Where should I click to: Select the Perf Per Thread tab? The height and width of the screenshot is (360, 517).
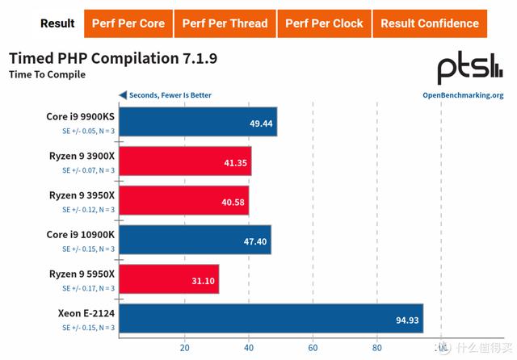[x=224, y=23]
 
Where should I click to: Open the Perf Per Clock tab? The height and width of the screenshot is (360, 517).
[x=324, y=23]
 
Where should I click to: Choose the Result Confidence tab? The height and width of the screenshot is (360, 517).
[x=430, y=23]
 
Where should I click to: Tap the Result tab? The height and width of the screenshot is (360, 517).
[x=57, y=23]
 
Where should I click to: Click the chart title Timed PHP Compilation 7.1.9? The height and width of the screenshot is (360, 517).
[x=112, y=59]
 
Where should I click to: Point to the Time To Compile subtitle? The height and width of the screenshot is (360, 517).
[x=46, y=75]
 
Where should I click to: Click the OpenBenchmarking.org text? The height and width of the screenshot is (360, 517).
[x=463, y=95]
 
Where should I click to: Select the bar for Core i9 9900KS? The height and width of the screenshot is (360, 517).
[x=198, y=123]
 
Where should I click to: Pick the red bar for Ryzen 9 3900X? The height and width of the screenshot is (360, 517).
[x=185, y=161]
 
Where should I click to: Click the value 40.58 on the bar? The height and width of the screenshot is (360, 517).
[x=230, y=201]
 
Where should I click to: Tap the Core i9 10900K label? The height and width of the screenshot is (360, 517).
[x=80, y=234]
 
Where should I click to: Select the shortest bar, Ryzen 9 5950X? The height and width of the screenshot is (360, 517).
[x=169, y=279]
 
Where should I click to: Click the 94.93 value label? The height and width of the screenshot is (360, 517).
[x=406, y=319]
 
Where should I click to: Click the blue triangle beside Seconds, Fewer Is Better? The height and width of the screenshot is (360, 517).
[x=123, y=95]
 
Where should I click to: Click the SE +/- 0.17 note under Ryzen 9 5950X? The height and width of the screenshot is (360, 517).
[x=88, y=288]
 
